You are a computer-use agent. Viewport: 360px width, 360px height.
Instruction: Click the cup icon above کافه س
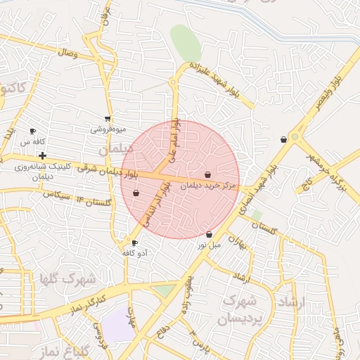click(x=32, y=131)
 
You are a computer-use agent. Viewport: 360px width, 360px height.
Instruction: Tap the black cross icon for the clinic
click(x=43, y=155)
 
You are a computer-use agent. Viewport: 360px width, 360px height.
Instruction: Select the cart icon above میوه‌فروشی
click(x=108, y=119)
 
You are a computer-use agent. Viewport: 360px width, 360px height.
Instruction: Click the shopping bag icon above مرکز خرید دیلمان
click(x=207, y=174)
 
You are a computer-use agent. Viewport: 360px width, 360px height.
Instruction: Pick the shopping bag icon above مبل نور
click(x=209, y=234)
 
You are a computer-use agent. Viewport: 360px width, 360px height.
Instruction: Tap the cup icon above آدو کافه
click(x=134, y=243)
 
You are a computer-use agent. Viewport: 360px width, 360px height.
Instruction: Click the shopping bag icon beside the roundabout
click(x=283, y=139)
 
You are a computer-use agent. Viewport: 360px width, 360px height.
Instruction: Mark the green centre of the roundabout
click(x=295, y=137)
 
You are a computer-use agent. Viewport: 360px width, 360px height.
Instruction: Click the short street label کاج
click(x=307, y=185)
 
